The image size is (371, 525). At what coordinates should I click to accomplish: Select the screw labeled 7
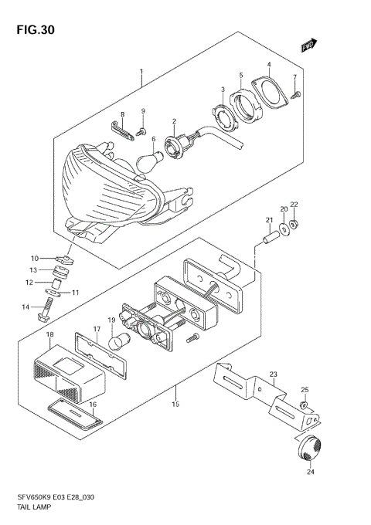click(x=298, y=95)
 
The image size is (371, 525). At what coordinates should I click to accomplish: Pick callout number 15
click(x=175, y=404)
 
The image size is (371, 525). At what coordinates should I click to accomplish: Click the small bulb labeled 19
click(x=121, y=341)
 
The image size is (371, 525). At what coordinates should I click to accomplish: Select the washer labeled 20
click(x=288, y=228)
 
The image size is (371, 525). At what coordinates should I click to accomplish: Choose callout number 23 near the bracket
click(x=272, y=374)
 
